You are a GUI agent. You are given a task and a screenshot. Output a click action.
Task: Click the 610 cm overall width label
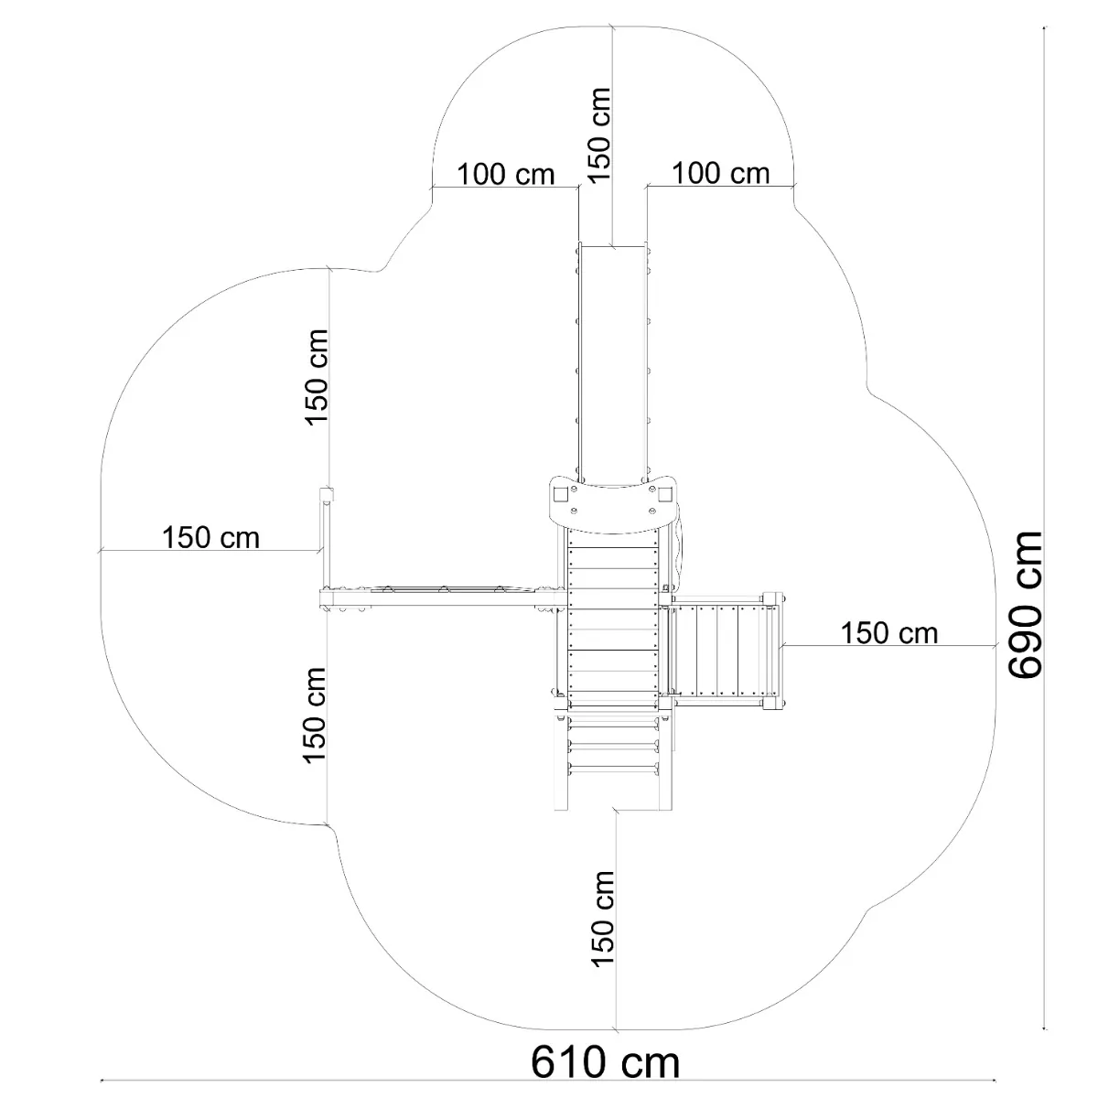(605, 1062)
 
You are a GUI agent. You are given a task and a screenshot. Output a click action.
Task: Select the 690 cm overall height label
(1025, 605)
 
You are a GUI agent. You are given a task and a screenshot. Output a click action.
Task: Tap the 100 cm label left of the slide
(505, 175)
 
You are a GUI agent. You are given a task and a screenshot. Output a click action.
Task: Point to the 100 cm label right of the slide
(721, 173)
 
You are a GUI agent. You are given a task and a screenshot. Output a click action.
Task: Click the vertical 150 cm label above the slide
(598, 135)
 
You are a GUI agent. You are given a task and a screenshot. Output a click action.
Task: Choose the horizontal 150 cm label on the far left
(210, 537)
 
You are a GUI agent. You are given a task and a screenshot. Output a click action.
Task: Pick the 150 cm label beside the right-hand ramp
(889, 633)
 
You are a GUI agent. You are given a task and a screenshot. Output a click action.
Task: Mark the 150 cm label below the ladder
(602, 919)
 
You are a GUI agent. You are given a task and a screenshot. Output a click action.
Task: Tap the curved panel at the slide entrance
(612, 505)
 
